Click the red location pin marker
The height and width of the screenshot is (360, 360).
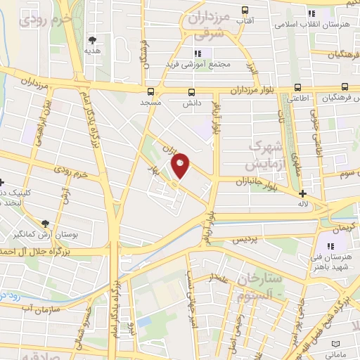pos(181,166)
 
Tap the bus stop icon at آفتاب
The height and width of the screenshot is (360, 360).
pos(245,10)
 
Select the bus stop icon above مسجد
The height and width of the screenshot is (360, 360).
pos(150,91)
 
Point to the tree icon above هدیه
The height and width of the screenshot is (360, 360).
pos(92,40)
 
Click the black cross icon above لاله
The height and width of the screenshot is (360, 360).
pos(302,193)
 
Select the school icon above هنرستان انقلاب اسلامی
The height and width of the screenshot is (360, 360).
pos(310,14)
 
